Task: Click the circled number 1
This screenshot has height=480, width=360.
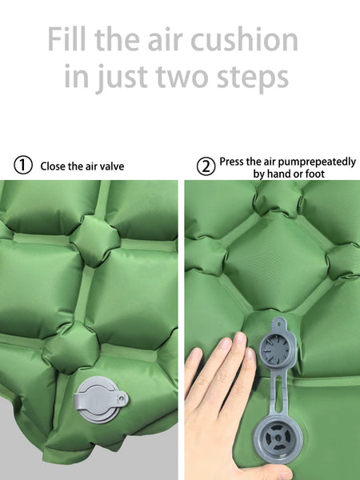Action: pyautogui.click(x=23, y=166)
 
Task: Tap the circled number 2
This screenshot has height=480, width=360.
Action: pyautogui.click(x=206, y=166)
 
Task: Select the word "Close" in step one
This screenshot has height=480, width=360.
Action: pyautogui.click(x=53, y=166)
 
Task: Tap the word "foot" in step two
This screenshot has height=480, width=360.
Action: pyautogui.click(x=315, y=174)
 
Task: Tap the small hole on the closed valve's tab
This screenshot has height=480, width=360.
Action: pyautogui.click(x=122, y=398)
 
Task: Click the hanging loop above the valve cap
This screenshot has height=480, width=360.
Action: pyautogui.click(x=279, y=324)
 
